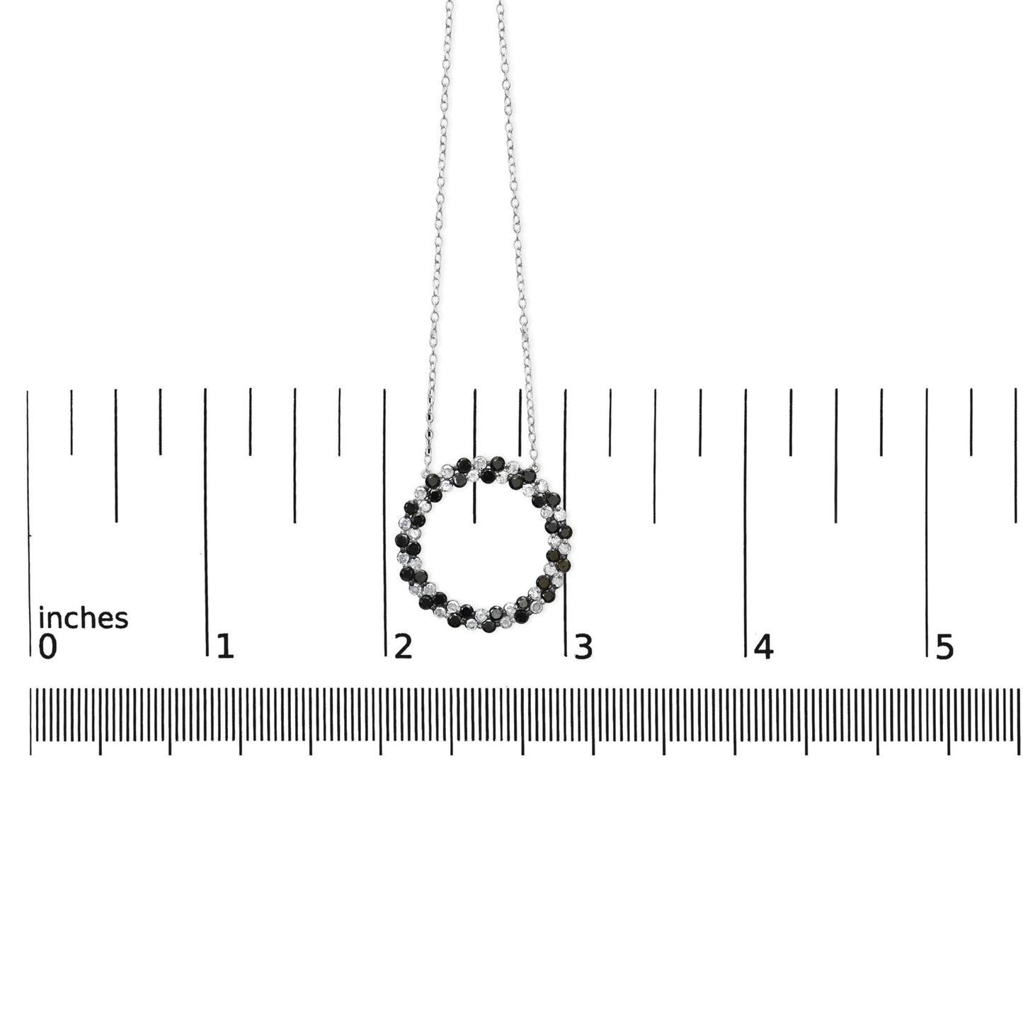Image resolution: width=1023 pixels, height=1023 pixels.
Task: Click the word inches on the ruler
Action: (83, 618)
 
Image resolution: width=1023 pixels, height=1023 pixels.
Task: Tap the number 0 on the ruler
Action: (47, 646)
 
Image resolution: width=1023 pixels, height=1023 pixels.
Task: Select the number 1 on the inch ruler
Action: (225, 646)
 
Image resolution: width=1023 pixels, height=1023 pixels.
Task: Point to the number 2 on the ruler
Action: (403, 646)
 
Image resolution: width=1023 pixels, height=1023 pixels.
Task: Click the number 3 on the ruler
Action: (583, 646)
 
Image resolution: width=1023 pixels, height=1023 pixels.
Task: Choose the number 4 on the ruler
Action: (763, 646)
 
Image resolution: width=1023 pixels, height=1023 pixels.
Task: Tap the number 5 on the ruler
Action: (944, 646)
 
